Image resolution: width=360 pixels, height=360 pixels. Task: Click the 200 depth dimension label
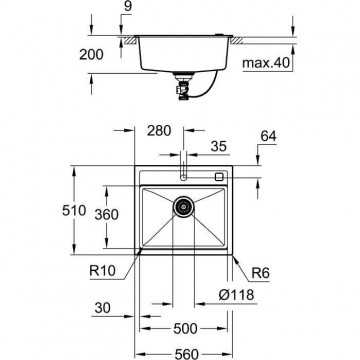[91, 55]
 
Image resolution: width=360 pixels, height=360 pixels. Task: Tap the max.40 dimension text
[266, 63]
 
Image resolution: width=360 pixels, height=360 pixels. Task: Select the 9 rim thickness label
[127, 7]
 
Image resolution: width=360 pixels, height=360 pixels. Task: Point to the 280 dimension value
[159, 131]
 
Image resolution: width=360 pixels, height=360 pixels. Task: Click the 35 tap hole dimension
[219, 146]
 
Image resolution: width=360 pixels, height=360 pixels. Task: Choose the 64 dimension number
[269, 136]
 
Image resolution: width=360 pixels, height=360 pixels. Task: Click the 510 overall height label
[74, 210]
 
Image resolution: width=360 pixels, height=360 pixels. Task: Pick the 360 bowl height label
[106, 215]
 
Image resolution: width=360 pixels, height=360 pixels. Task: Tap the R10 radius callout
[102, 270]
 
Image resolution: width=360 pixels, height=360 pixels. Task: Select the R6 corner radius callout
[260, 273]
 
